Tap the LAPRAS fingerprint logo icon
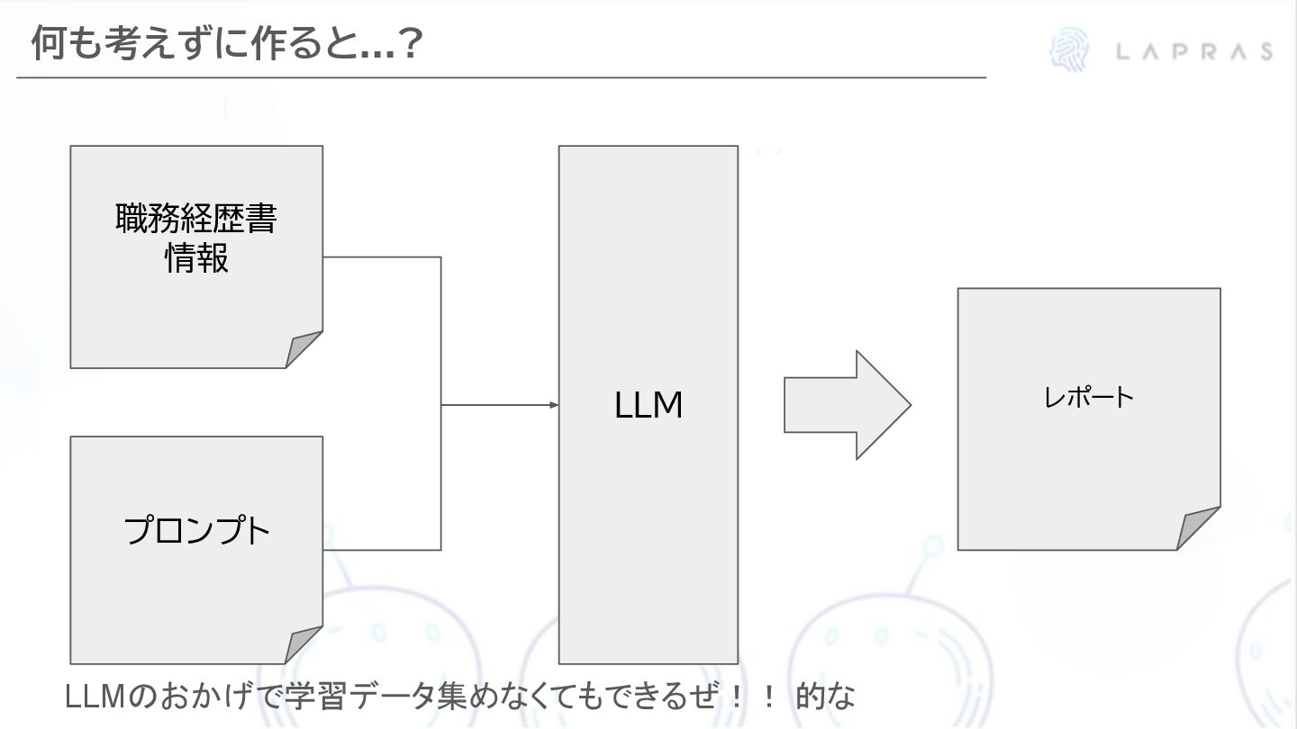1069,50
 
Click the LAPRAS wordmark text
1194,51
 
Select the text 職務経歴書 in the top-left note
196,220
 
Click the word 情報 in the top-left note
196,259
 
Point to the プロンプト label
196,531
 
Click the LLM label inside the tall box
648,406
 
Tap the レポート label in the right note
1089,397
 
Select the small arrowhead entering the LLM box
554,405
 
